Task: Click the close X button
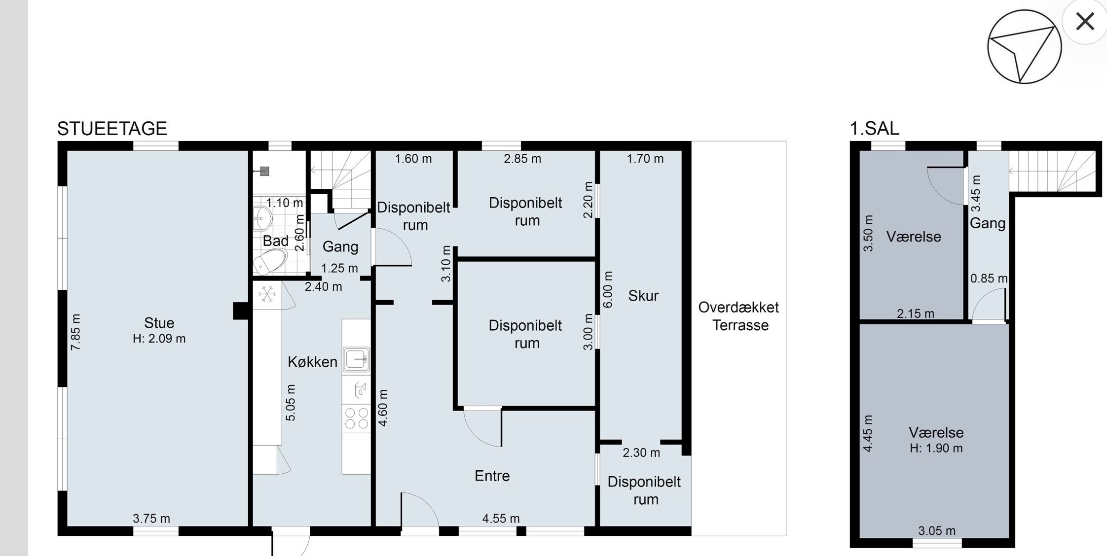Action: click(1085, 22)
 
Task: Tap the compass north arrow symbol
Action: click(1024, 47)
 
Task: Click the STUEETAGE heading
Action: click(112, 129)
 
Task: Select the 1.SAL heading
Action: click(874, 129)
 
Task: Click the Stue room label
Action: click(159, 323)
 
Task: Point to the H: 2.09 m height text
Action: click(159, 339)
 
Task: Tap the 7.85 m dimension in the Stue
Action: click(75, 332)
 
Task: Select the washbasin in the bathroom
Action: click(262, 218)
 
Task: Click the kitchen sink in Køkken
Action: click(357, 359)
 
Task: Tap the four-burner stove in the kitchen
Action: click(356, 418)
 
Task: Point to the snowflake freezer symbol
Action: click(267, 294)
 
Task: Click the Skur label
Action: click(643, 296)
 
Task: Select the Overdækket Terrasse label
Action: click(739, 316)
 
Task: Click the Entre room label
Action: click(492, 476)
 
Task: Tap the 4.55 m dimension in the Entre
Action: click(501, 519)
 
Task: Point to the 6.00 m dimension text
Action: click(608, 290)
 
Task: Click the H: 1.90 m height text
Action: click(936, 449)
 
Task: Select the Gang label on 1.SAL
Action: click(988, 223)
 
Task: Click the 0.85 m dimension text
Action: click(989, 278)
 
